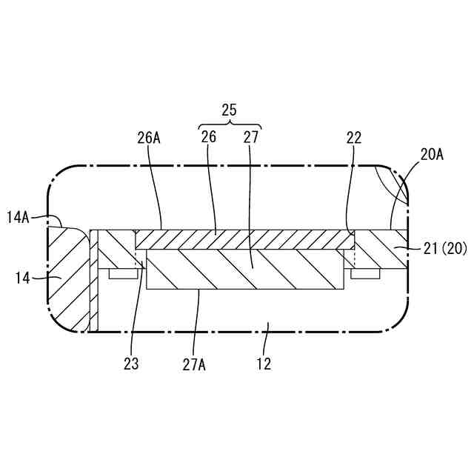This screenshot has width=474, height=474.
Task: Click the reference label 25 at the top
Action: pyautogui.click(x=229, y=110)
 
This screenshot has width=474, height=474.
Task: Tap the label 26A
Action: pyautogui.click(x=148, y=137)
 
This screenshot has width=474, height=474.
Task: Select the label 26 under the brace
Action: pyautogui.click(x=209, y=137)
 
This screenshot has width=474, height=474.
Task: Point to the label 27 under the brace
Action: pyautogui.click(x=250, y=137)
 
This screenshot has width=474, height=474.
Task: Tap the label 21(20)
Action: pyautogui.click(x=445, y=250)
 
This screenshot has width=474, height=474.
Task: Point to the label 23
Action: pyautogui.click(x=132, y=364)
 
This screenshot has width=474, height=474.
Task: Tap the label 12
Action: pyautogui.click(x=264, y=364)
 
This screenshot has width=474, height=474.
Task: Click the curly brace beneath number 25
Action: pyautogui.click(x=230, y=124)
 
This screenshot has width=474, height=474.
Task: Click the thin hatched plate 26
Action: pyautogui.click(x=244, y=239)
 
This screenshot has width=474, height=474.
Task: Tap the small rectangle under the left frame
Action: pyautogui.click(x=124, y=273)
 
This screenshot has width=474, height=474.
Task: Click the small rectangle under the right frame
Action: pyautogui.click(x=365, y=273)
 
